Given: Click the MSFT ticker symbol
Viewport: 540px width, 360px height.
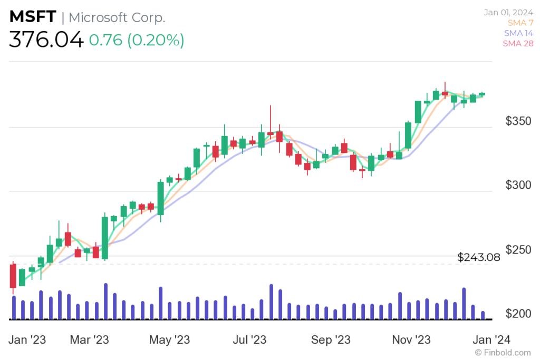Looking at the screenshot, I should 32,17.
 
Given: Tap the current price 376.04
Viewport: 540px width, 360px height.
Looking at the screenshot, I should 46,40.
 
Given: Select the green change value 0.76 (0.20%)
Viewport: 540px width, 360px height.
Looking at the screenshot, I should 137,41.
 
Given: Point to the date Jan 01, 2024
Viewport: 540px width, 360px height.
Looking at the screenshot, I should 508,12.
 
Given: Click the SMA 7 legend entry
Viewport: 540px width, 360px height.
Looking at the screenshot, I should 520,23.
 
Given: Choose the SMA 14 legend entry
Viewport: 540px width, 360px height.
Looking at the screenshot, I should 518,33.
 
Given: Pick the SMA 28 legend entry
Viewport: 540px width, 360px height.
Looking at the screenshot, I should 518,44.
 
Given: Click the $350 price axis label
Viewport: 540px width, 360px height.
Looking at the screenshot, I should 519,121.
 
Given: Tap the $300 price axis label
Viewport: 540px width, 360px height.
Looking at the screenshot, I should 519,186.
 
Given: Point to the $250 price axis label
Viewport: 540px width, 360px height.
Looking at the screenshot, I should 519,250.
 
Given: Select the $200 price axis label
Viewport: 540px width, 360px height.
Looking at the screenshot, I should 519,314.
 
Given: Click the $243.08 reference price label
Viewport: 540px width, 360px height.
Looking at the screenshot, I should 478,258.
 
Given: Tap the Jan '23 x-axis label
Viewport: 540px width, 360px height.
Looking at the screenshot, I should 27,339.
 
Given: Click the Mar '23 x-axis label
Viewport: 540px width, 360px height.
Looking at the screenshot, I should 89,339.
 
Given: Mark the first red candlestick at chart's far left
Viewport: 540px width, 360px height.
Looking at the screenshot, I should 13,276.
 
